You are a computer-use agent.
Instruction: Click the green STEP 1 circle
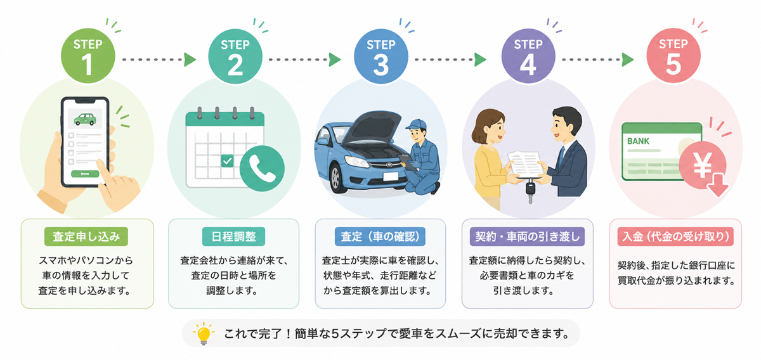[x=88, y=56]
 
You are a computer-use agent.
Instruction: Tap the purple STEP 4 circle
[x=528, y=56]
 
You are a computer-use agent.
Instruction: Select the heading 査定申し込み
[x=86, y=236]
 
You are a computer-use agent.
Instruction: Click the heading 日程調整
[x=234, y=236]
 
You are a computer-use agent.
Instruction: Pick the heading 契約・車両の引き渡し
[x=527, y=236]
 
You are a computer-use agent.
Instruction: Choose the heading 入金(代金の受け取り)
[x=675, y=236]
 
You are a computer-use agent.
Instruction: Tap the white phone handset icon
[x=263, y=169]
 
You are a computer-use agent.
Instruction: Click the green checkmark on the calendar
[x=227, y=160]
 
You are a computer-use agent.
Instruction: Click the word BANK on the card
[x=638, y=141]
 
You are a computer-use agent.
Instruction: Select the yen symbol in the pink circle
[x=703, y=165]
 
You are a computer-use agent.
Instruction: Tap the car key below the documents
[x=530, y=191]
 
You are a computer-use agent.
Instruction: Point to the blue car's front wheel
[x=336, y=178]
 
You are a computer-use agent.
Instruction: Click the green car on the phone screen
[x=85, y=119]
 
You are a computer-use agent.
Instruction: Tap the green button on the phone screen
[x=85, y=174]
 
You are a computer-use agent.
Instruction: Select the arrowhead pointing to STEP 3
[x=335, y=60]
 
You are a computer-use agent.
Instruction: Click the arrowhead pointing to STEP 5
[x=628, y=60]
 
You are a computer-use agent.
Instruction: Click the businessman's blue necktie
[x=562, y=155]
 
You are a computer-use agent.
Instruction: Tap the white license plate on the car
[x=391, y=176]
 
